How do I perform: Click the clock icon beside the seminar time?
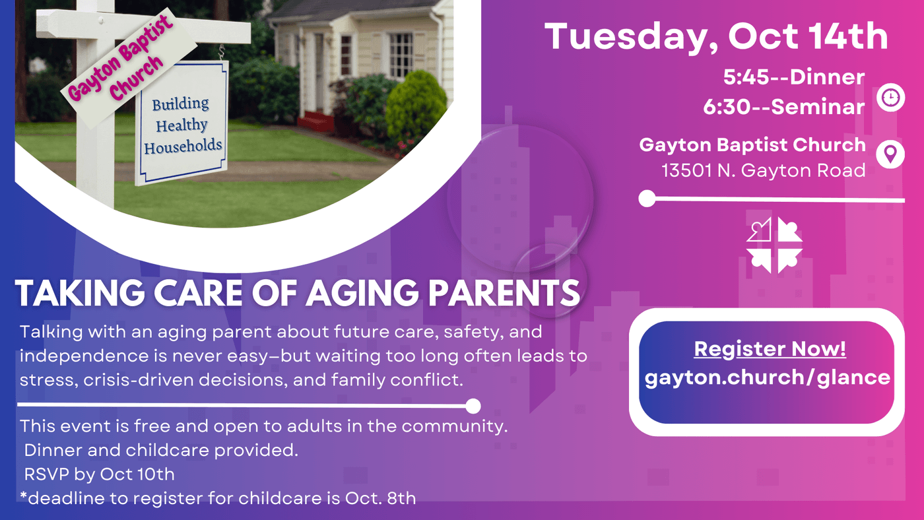click(x=890, y=98)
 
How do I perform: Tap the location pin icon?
click(x=890, y=154)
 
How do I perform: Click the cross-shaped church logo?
click(x=775, y=245)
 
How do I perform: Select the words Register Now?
click(x=770, y=349)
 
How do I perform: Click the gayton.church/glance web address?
click(x=767, y=377)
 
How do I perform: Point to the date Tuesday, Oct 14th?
click(x=716, y=36)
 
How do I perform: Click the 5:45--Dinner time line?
click(x=794, y=77)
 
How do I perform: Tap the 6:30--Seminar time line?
click(x=784, y=107)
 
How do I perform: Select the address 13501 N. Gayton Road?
click(x=764, y=170)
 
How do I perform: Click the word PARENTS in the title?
click(x=504, y=293)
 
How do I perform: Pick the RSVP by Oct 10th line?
click(x=99, y=474)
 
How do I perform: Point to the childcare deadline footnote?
click(x=218, y=498)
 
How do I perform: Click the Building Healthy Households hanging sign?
click(x=181, y=123)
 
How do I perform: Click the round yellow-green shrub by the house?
click(x=416, y=107)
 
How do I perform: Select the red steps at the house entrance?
click(x=315, y=121)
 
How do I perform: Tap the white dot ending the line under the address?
click(x=647, y=199)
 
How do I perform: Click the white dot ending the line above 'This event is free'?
click(x=473, y=406)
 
